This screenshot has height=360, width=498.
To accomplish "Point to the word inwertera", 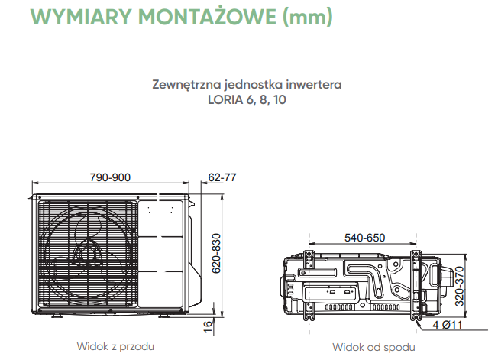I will (314, 83).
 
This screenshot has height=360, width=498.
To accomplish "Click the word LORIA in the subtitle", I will (222, 99).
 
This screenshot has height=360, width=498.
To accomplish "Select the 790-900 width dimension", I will (111, 177).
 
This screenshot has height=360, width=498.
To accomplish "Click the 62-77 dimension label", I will (222, 177).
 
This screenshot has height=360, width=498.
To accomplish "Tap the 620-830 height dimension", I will (216, 253).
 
